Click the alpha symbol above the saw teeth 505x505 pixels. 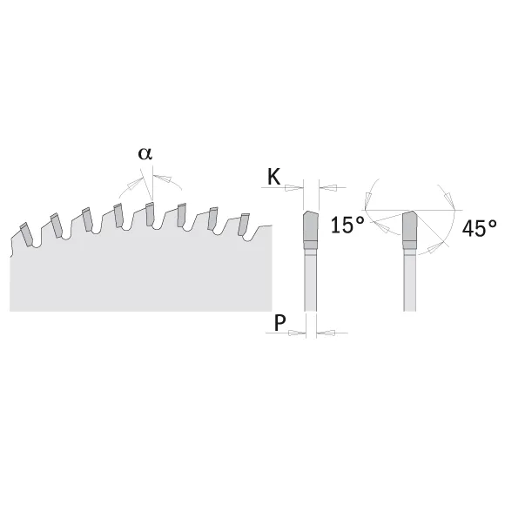[145, 153]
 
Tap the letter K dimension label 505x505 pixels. [274, 177]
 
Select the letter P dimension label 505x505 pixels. [279, 322]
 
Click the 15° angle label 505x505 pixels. [347, 225]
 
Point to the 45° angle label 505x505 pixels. [479, 228]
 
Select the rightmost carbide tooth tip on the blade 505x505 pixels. [244, 225]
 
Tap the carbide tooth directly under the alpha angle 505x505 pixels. [150, 214]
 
